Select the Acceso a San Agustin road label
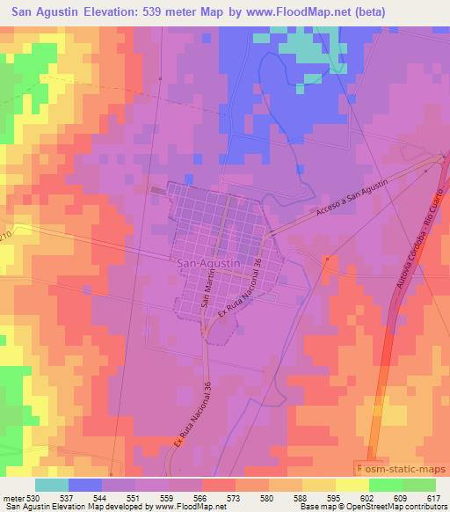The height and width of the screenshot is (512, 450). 348,208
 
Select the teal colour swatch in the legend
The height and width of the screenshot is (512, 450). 52,484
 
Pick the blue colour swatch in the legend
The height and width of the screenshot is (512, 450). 85,484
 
